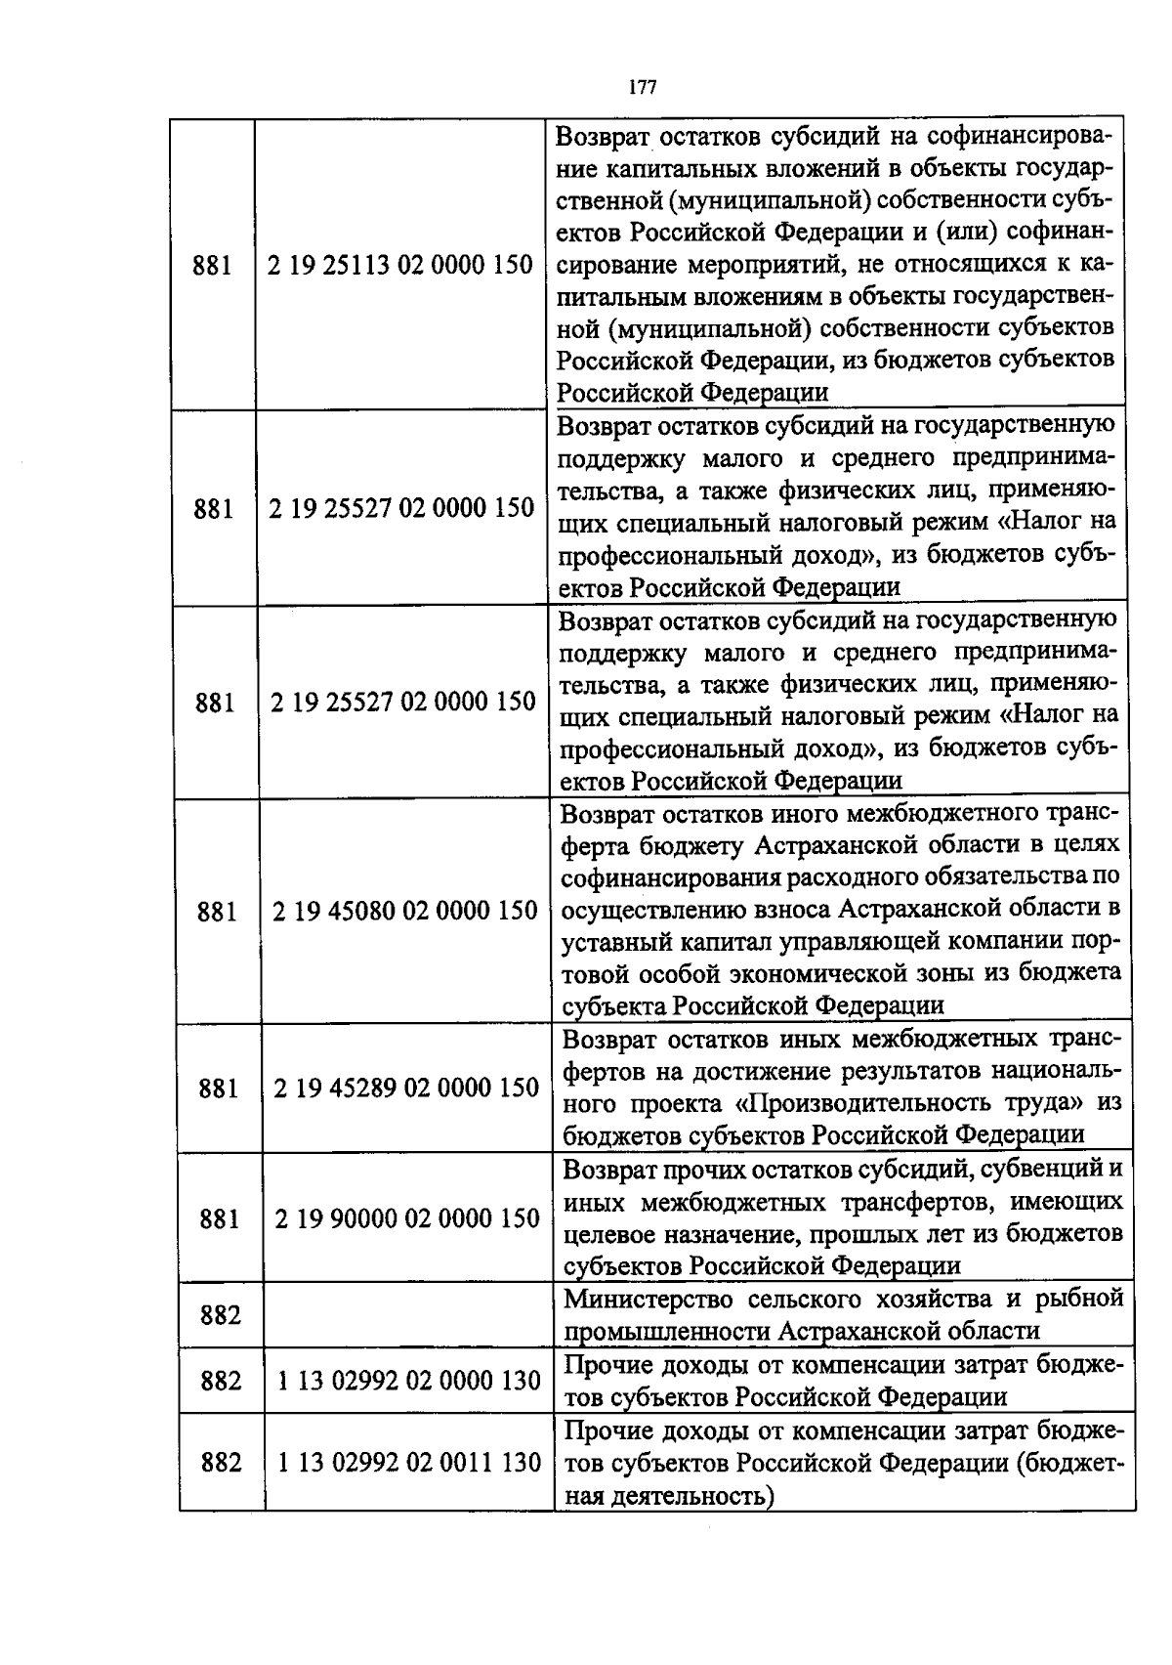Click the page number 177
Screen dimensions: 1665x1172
click(x=642, y=88)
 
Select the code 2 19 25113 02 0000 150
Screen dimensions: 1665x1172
click(x=400, y=265)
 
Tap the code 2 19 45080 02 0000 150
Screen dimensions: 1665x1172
click(x=405, y=911)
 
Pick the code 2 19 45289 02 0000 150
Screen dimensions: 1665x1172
click(x=406, y=1088)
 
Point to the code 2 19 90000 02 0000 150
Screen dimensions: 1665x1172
click(x=407, y=1218)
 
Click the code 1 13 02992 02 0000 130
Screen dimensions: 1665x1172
click(x=408, y=1381)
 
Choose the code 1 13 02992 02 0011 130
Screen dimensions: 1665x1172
click(x=409, y=1463)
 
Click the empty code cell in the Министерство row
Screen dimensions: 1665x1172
click(x=408, y=1315)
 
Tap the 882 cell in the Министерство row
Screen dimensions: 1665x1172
click(x=221, y=1315)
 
